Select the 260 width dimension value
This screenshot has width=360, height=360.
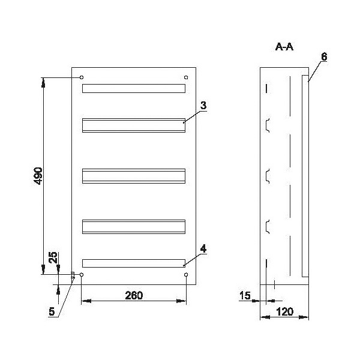coord(134,295)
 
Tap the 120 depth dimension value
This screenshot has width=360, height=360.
coord(284,312)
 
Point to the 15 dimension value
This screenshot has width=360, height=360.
coord(245,295)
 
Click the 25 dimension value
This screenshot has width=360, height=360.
coord(53,257)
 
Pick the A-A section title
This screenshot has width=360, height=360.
coord(284,47)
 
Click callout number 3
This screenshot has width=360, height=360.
coord(203,106)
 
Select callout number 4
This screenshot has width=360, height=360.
coord(203,249)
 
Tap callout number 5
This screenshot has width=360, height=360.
coord(52,311)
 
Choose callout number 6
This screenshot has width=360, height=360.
coord(324,57)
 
